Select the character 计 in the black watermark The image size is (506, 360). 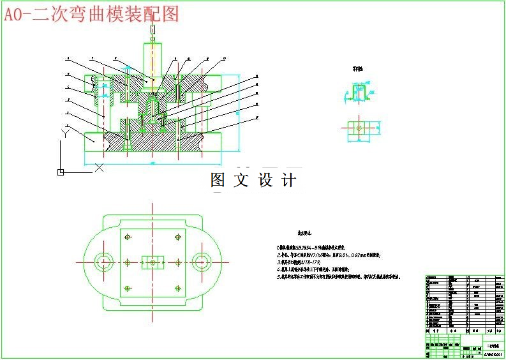[289, 181]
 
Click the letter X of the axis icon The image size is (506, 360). [99, 168]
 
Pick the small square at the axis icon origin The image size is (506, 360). [61, 172]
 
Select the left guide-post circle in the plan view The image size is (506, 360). [103, 261]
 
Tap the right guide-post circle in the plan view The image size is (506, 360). [202, 261]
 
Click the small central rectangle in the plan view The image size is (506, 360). [153, 262]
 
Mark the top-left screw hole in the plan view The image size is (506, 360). [128, 237]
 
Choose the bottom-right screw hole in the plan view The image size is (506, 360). [177, 287]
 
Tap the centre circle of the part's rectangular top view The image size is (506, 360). [359, 128]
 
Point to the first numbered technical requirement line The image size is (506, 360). [319, 246]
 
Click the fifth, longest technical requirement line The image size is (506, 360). [338, 277]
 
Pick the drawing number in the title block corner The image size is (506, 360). [493, 353]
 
